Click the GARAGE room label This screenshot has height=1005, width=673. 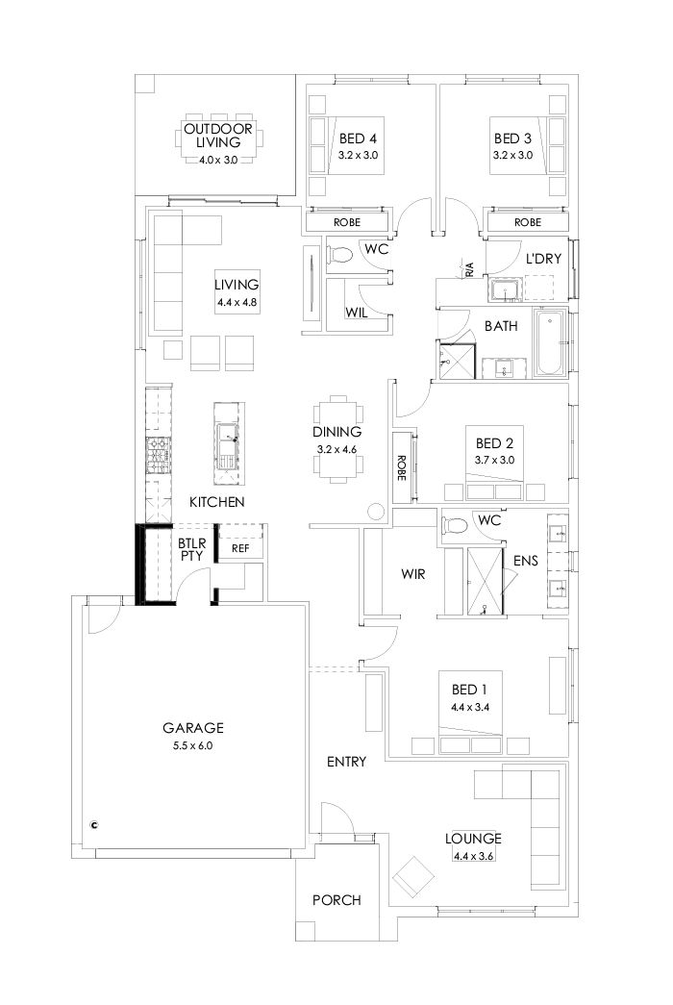[x=192, y=727]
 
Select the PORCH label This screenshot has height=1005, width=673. [x=336, y=900]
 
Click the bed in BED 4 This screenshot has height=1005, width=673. [x=346, y=143]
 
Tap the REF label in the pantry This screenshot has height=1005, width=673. [x=240, y=548]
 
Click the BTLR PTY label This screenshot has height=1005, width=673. [x=187, y=548]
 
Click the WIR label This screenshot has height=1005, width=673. [x=413, y=574]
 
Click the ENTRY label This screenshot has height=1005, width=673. [x=346, y=762]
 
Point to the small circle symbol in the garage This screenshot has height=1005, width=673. [x=94, y=823]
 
